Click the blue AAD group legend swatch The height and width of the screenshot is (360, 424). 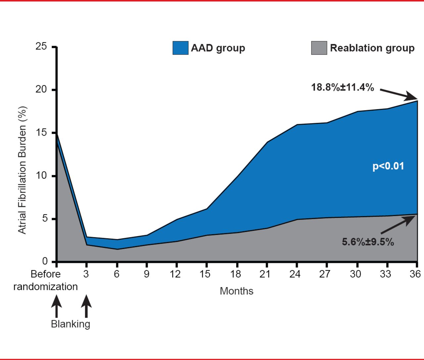(x=180, y=48)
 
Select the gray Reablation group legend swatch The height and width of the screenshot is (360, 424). (x=319, y=48)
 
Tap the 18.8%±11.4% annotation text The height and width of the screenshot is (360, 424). (x=343, y=88)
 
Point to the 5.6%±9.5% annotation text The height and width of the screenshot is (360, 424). (x=368, y=242)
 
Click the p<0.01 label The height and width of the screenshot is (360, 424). (x=388, y=166)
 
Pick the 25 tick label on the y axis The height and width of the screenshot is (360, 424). (x=41, y=46)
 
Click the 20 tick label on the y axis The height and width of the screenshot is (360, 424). (x=41, y=90)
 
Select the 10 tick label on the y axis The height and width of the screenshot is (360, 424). (x=41, y=176)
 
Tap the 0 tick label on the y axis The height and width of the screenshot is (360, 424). (x=45, y=261)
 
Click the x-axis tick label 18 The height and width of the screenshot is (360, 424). (x=236, y=274)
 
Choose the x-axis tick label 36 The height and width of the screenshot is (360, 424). (x=415, y=274)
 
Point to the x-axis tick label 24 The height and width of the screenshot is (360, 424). (x=295, y=274)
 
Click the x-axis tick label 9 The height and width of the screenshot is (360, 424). (x=146, y=274)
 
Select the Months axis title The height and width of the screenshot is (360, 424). (x=237, y=291)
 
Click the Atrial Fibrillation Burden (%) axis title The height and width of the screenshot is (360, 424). (x=22, y=170)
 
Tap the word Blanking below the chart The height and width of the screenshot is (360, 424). (x=70, y=324)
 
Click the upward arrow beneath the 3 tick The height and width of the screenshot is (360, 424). (x=86, y=306)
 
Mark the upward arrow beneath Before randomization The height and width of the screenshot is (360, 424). (x=56, y=306)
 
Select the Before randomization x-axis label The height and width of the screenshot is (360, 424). (x=45, y=280)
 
